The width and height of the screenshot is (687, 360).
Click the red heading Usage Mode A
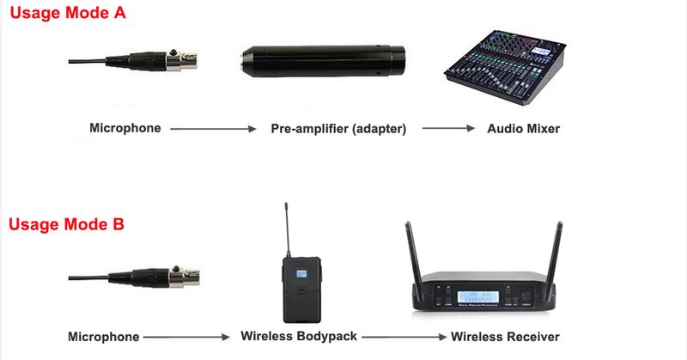tap(68, 13)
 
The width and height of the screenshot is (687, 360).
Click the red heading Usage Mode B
tap(67, 224)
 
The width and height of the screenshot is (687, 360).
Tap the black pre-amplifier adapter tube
tap(323, 61)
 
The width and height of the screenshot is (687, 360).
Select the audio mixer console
tap(505, 66)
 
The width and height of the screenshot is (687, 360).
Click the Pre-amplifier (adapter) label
tap(338, 129)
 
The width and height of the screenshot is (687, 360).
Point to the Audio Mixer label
tap(524, 129)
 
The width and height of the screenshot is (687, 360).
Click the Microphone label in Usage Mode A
tap(125, 128)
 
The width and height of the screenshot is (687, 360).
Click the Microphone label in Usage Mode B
tap(104, 337)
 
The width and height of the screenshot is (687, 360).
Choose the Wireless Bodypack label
tap(299, 336)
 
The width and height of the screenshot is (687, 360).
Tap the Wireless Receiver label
tap(505, 337)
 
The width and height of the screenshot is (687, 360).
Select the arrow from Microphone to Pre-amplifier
tap(213, 129)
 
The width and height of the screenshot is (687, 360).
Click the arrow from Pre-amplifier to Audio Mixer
tap(448, 128)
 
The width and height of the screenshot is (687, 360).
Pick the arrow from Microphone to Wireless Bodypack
tap(186, 337)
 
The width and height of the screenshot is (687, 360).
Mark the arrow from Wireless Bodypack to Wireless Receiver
tap(404, 337)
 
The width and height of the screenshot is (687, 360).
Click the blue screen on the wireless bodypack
tap(301, 274)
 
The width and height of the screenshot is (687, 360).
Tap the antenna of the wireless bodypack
tap(287, 229)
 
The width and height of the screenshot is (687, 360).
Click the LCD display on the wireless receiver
tap(477, 297)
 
